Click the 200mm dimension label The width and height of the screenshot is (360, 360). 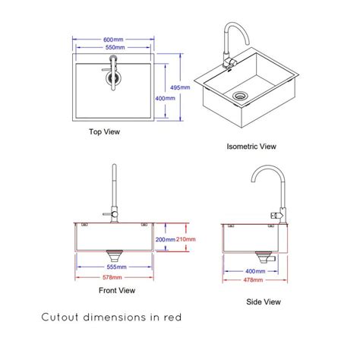pos(165,238)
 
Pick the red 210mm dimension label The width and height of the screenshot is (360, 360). pos(185,238)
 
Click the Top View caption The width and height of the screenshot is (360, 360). pos(105,131)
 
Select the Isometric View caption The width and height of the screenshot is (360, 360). pos(251,146)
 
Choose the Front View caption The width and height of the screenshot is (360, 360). pos(116,290)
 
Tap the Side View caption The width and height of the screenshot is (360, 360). pos(264,302)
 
